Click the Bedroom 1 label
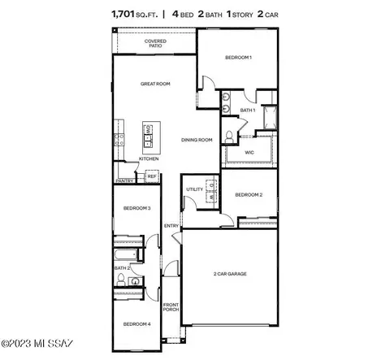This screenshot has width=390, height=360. pos(239,58)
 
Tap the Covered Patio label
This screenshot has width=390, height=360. pos(155,43)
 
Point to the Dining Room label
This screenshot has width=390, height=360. pos(197,140)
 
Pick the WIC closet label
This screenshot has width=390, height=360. pos(249,152)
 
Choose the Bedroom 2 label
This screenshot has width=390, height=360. pos(249,195)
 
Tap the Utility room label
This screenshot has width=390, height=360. pos(194,189)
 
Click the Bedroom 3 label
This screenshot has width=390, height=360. pos(137,209)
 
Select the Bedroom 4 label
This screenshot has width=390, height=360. pos(136,324)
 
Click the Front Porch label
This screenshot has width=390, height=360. pos(171,306)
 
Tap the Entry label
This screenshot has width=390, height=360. pos(171,226)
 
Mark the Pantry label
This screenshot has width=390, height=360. pos(123,181)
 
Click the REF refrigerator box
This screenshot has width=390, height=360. pos(151,176)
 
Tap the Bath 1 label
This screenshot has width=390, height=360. pos(248,110)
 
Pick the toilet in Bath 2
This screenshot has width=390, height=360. pos(120,280)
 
